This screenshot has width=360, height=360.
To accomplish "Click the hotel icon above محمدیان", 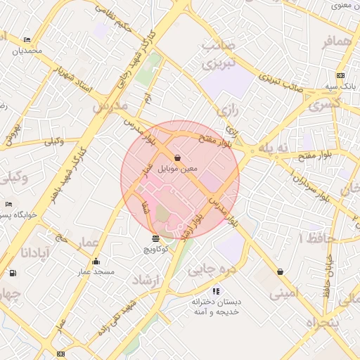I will click(27, 39).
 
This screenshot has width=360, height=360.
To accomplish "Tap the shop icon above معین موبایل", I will click(176, 157).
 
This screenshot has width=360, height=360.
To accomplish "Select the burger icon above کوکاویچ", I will click(155, 239).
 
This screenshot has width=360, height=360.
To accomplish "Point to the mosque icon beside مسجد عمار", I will click(96, 262).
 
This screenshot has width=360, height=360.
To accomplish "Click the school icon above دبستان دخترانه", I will click(216, 290).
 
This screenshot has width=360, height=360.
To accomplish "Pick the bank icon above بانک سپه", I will click(340, 75).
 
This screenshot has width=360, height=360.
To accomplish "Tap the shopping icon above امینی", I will click(281, 271).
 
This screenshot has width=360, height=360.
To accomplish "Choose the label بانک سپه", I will click(340, 86).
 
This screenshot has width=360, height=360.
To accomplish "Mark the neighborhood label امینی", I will click(283, 293).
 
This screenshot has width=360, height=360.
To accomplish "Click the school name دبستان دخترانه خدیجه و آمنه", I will click(217, 306).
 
